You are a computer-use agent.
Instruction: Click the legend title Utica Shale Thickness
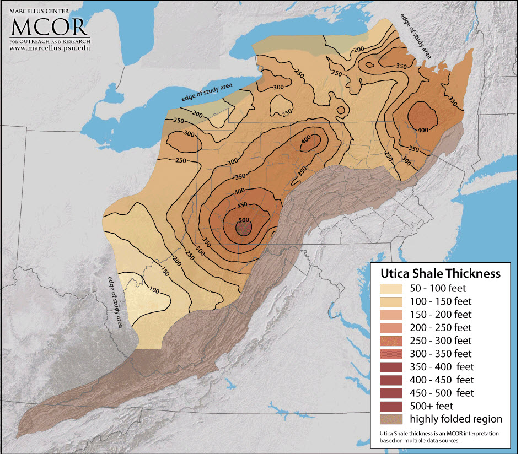(x=439, y=273)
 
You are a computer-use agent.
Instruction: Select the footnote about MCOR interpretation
(x=439, y=437)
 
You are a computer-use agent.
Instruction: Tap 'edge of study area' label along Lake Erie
(x=207, y=91)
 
